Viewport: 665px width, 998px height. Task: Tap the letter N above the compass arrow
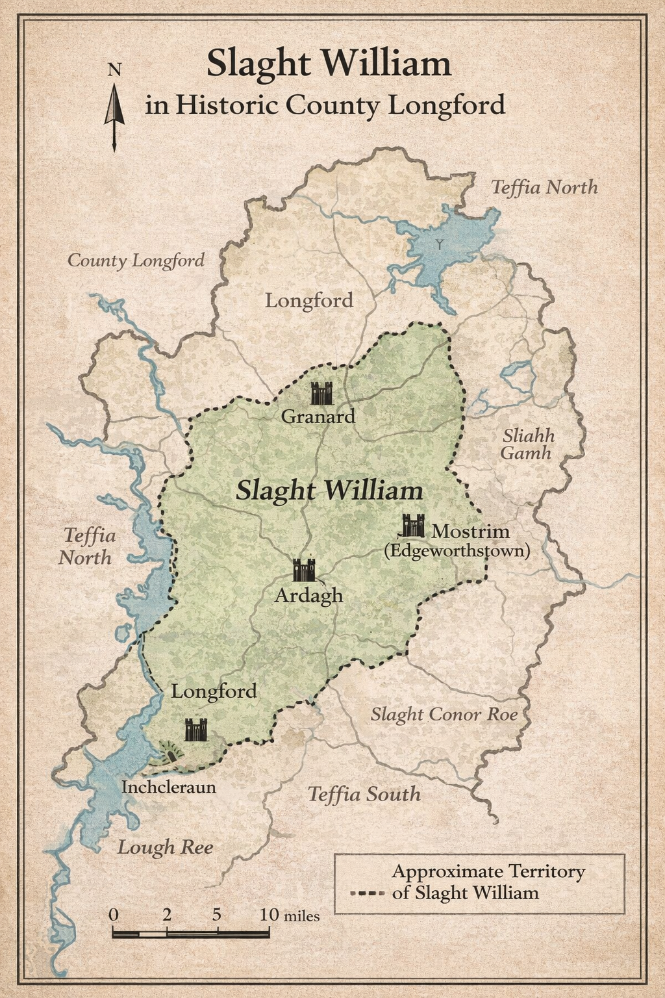pyautogui.click(x=114, y=70)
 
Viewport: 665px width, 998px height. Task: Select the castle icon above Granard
pyautogui.click(x=321, y=393)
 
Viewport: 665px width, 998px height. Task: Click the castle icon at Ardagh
pyautogui.click(x=304, y=570)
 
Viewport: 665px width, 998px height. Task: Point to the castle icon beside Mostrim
pyautogui.click(x=413, y=526)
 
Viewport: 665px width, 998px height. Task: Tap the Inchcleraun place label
pyautogui.click(x=168, y=787)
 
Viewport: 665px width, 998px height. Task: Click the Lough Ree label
pyautogui.click(x=165, y=847)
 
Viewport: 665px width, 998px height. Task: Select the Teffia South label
pyautogui.click(x=364, y=794)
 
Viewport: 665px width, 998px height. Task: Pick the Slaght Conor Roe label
pyautogui.click(x=444, y=715)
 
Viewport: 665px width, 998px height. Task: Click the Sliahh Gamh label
pyautogui.click(x=527, y=444)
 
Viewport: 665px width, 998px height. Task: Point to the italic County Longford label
pyautogui.click(x=136, y=261)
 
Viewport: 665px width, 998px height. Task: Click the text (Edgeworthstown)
pyautogui.click(x=457, y=551)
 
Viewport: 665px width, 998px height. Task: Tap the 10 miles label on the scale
pyautogui.click(x=290, y=915)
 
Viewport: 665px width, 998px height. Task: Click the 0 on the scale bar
pyautogui.click(x=114, y=914)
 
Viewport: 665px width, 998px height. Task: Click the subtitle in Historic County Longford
pyautogui.click(x=325, y=105)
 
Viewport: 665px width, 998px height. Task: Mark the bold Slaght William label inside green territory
pyautogui.click(x=329, y=491)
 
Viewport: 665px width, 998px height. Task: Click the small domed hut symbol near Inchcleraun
pyautogui.click(x=172, y=754)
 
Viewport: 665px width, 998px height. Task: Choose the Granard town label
pyautogui.click(x=318, y=416)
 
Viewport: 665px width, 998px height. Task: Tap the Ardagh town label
pyautogui.click(x=308, y=595)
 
